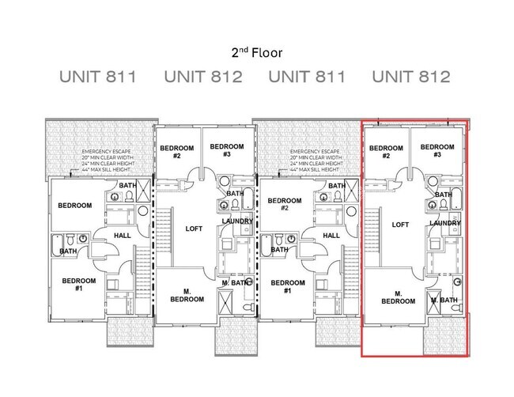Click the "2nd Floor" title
257,53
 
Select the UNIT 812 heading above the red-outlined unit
411,78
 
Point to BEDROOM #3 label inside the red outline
437,151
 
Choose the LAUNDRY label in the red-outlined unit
445,224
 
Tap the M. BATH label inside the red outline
445,301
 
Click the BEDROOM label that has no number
74,206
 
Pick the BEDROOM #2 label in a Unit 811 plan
283,205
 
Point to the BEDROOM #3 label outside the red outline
226,150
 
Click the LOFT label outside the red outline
194,229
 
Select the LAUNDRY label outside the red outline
237,221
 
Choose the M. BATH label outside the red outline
236,282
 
